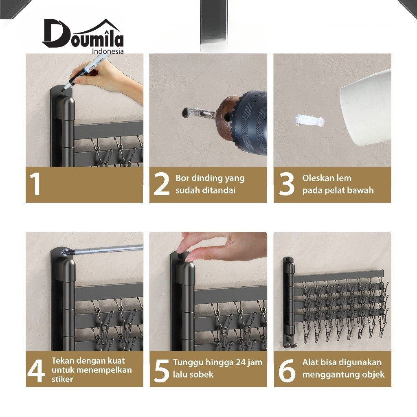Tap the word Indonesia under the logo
108,51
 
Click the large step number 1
35,184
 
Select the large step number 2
161,184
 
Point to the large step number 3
287,184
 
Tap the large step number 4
36,371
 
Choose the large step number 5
161,371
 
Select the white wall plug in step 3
309,121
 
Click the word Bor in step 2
182,178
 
